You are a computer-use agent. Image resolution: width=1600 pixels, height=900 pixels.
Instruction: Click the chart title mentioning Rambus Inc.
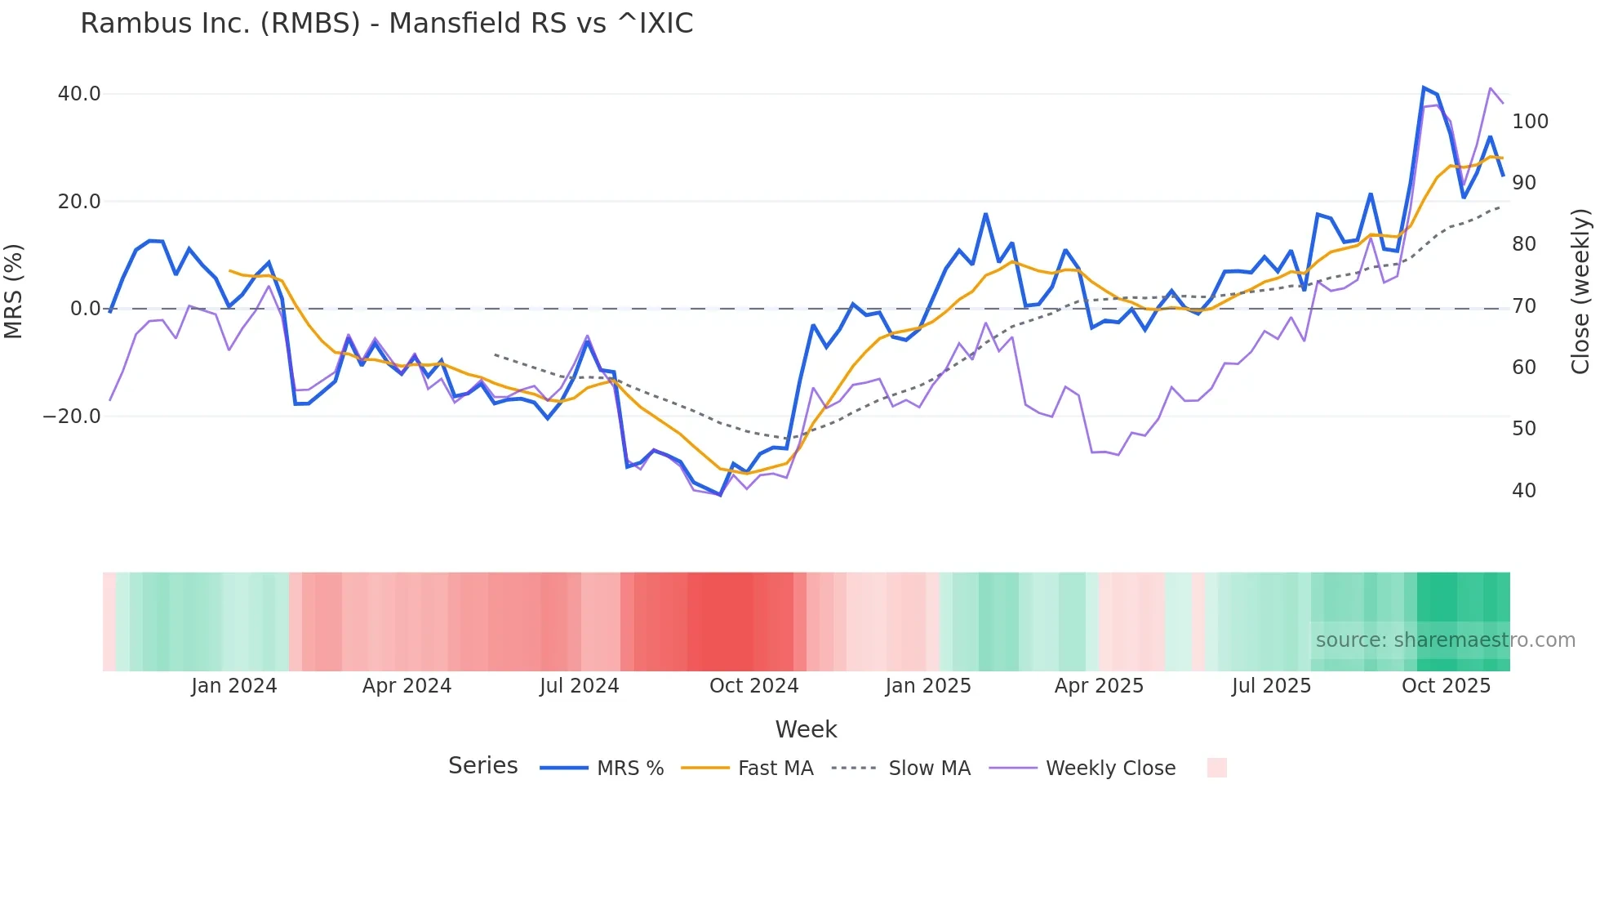pos(386,24)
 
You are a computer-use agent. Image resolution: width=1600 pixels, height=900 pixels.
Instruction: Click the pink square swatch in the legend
pos(1216,768)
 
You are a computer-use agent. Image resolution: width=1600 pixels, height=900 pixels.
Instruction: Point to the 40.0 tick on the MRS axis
pos(79,94)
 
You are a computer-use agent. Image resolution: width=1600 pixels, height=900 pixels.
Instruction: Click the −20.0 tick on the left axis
pos(72,417)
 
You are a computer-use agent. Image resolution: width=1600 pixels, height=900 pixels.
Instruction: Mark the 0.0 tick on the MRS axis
pos(85,309)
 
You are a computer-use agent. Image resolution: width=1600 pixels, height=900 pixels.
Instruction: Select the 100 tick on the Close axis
pos(1530,122)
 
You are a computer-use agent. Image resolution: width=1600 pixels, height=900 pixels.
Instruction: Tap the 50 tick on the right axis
pos(1524,429)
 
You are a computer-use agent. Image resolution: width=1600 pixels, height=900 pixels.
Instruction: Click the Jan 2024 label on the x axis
pos(234,686)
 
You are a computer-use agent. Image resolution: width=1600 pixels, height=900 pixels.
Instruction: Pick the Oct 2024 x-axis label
pos(753,686)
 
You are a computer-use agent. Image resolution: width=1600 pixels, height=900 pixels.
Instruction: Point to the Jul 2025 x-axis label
pos(1271,686)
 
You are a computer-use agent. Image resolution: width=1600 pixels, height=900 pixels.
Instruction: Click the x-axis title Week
pos(806,729)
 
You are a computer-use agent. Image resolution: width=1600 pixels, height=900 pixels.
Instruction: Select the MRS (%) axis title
pos(14,291)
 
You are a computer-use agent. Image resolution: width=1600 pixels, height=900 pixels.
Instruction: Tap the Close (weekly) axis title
pos(1580,292)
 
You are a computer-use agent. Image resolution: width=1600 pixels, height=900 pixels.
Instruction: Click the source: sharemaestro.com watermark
pos(1445,640)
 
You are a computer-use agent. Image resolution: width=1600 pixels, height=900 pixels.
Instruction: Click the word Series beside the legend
pos(482,766)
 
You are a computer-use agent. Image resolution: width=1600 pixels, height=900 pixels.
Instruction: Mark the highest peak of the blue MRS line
pos(1424,87)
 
